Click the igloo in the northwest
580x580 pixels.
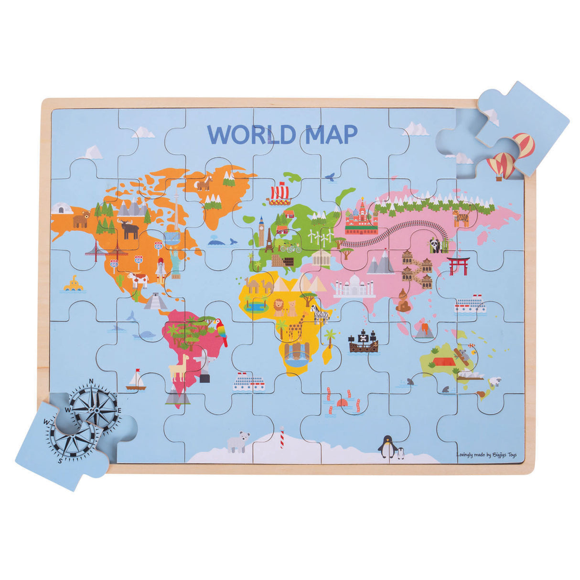61,208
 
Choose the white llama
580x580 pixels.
179,366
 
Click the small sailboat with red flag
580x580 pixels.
136,380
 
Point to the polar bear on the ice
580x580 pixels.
238,441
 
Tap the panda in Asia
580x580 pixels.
435,245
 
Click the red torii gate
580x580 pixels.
458,266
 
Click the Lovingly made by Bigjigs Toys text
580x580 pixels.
486,455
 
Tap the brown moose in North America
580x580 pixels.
129,229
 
